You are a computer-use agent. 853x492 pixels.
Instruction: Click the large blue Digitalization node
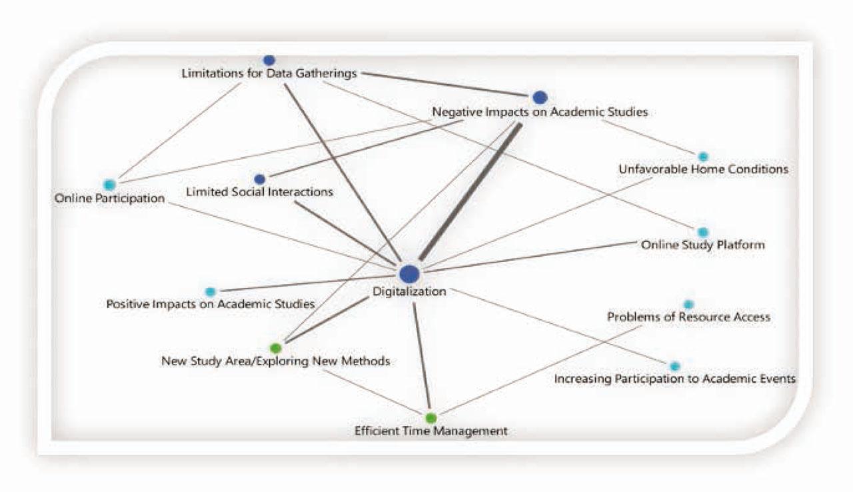tap(409, 273)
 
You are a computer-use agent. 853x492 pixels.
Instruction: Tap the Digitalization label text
tap(409, 291)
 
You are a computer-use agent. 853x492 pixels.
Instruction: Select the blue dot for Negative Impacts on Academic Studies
tap(540, 97)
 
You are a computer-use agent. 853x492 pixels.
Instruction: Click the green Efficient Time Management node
tap(430, 418)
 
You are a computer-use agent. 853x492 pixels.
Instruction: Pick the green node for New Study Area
tap(276, 347)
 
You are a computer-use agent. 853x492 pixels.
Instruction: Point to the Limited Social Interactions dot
tap(260, 179)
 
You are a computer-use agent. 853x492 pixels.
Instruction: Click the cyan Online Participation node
tap(109, 185)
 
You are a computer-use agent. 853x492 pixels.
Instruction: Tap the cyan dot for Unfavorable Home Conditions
tap(703, 156)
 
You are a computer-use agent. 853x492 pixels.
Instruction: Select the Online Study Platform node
tap(702, 232)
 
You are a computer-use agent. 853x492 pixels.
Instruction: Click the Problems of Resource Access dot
tap(688, 304)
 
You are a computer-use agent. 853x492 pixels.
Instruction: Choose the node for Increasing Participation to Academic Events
tap(674, 366)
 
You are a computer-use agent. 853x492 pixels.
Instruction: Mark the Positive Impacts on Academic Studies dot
tap(211, 291)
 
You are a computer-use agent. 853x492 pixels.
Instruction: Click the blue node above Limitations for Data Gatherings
tap(269, 60)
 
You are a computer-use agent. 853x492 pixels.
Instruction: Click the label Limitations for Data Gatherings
tap(269, 73)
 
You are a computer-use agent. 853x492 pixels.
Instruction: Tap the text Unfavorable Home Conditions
tap(703, 169)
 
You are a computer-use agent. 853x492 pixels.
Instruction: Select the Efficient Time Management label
tap(430, 431)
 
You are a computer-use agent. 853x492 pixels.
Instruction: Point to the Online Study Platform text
tap(702, 245)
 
